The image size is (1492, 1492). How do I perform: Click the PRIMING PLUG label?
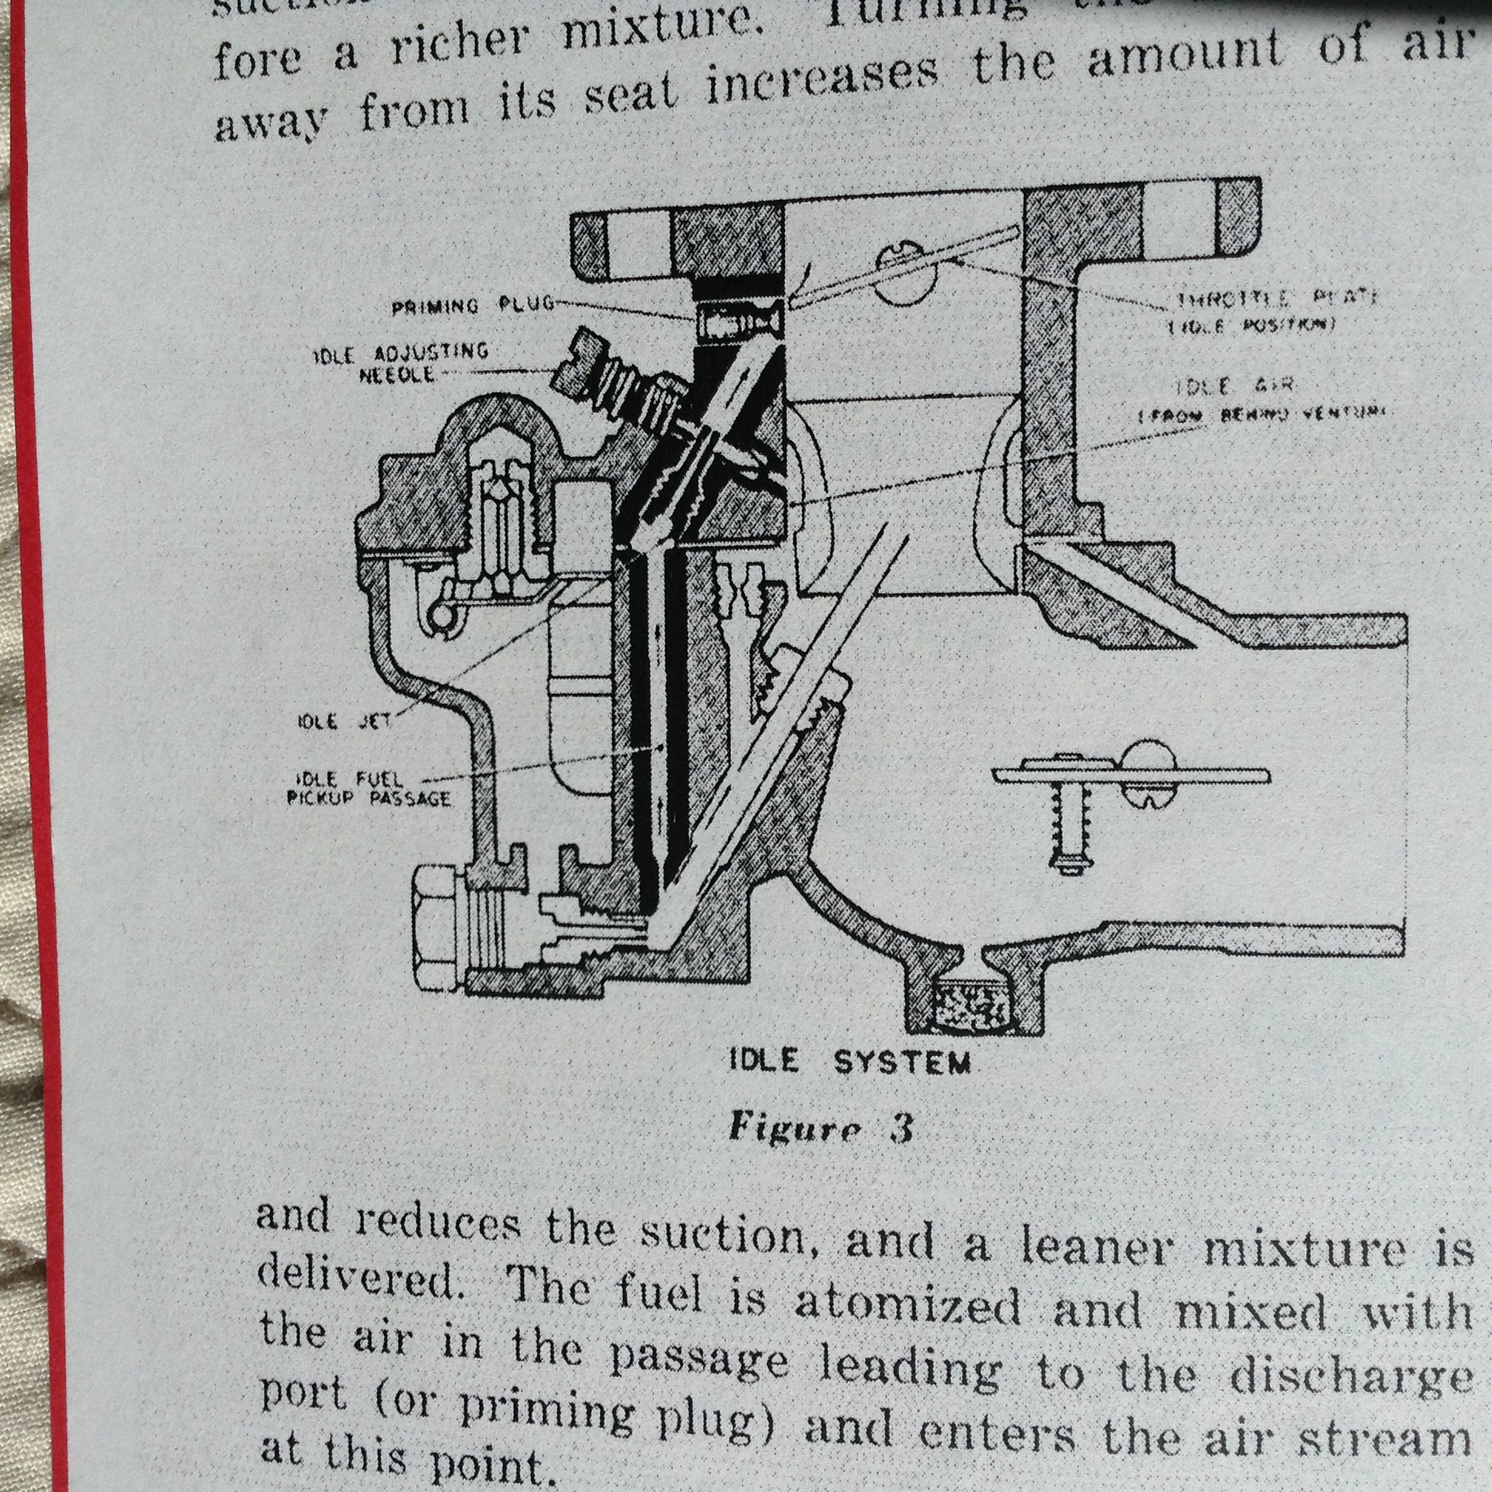[472, 305]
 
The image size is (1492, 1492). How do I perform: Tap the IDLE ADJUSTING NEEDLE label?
[402, 363]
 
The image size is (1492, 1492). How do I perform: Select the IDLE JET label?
[344, 722]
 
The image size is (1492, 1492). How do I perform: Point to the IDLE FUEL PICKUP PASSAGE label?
[368, 788]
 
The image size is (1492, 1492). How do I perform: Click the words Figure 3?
[821, 1128]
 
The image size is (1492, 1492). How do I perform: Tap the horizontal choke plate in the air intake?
[1131, 774]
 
